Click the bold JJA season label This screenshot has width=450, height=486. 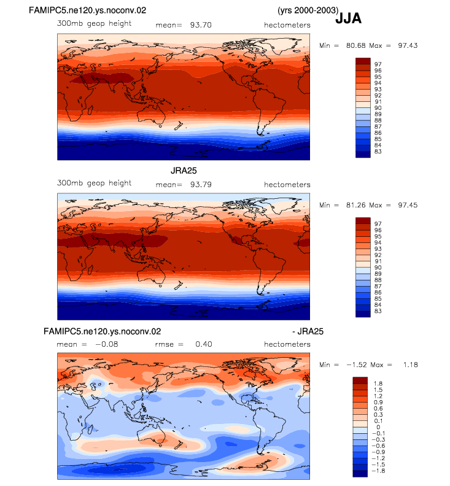348,18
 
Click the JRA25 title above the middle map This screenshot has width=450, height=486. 184,171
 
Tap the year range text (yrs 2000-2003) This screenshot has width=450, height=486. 308,10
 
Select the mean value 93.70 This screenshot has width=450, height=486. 201,25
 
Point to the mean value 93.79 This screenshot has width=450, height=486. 201,185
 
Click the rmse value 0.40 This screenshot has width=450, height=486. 204,344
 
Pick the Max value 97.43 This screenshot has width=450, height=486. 408,45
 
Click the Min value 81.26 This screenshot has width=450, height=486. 356,205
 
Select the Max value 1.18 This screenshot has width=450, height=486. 411,365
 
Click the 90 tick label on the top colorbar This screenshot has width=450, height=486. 378,108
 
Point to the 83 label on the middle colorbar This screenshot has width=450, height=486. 378,311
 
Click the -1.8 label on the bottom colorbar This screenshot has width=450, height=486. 378,471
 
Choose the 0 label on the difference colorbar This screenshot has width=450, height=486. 378,427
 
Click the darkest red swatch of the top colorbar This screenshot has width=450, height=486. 363,61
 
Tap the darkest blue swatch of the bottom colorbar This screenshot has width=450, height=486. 360,474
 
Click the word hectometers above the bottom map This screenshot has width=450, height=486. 287,344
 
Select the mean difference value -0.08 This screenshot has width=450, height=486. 107,344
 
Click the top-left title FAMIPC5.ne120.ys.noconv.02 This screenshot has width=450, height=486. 87,10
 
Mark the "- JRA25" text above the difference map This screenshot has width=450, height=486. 308,331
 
